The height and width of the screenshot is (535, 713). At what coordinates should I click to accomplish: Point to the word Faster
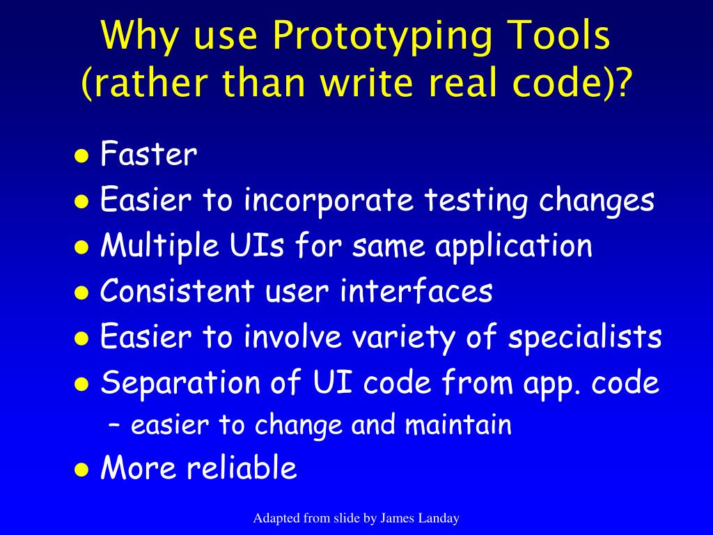point(149,155)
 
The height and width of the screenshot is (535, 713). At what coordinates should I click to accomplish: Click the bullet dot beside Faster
point(81,156)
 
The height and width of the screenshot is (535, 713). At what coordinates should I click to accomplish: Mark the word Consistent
point(178,291)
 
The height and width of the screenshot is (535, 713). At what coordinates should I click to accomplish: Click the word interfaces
point(416,291)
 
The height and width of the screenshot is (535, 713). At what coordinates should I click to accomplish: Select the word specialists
point(585,338)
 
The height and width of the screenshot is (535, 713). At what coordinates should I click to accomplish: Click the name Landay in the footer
point(440,518)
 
